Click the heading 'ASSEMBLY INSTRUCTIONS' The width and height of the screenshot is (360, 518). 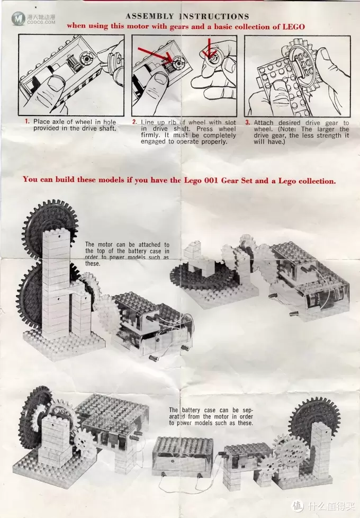click(x=187, y=16)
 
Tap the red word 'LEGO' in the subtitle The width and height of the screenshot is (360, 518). click(x=293, y=26)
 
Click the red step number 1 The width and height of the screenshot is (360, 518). click(x=27, y=121)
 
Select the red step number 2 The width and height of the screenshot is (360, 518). click(x=134, y=122)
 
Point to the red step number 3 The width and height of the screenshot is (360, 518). click(x=248, y=122)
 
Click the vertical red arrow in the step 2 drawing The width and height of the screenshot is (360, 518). click(x=209, y=46)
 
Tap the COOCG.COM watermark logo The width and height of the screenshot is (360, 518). click(x=33, y=19)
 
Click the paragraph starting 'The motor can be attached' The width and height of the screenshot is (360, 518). click(x=127, y=254)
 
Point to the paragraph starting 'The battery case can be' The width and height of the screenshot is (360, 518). click(x=211, y=416)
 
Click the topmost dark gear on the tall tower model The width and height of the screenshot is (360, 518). click(x=50, y=225)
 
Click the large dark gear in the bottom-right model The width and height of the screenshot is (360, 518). click(x=310, y=418)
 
